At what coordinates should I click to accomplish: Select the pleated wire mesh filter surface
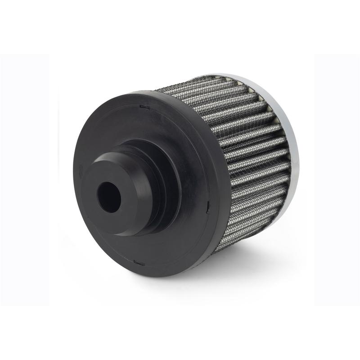pyautogui.click(x=243, y=148)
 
